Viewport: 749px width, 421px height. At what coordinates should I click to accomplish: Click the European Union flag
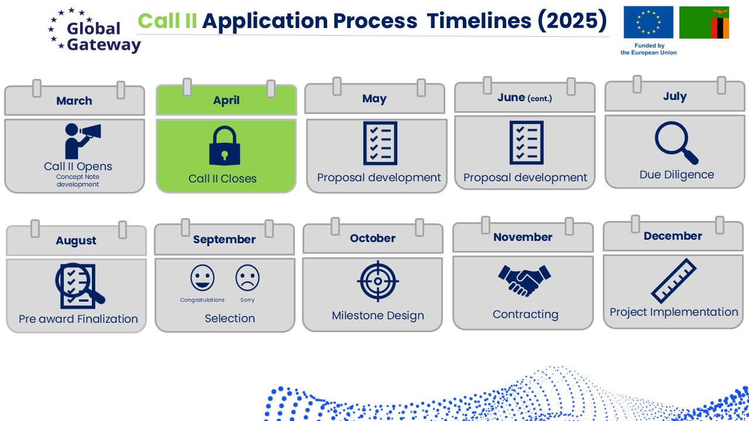[x=648, y=22]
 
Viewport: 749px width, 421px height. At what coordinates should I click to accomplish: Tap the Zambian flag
[x=704, y=22]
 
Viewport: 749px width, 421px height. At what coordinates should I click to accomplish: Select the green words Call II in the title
[x=167, y=20]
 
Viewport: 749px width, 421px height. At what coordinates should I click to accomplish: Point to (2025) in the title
[x=572, y=20]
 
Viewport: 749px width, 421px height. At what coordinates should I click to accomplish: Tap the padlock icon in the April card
[x=225, y=146]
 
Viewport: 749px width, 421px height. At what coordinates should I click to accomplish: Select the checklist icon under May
[x=380, y=143]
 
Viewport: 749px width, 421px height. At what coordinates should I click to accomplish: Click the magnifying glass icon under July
[x=676, y=143]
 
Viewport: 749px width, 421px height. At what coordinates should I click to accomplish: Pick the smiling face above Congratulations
[x=202, y=278]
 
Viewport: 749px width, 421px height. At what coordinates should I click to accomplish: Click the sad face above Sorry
[x=248, y=278]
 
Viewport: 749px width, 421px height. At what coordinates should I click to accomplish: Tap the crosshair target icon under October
[x=378, y=281]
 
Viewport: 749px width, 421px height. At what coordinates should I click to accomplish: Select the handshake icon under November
[x=524, y=281]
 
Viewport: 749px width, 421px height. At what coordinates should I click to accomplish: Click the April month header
[x=226, y=100]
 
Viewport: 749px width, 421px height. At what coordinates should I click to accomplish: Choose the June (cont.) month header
[x=525, y=97]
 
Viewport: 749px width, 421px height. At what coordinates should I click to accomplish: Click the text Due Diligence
[x=677, y=174]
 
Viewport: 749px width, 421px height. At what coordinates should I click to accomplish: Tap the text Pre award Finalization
[x=78, y=319]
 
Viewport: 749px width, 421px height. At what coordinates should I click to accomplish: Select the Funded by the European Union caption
[x=649, y=49]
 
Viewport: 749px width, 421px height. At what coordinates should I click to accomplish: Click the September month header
[x=224, y=239]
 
